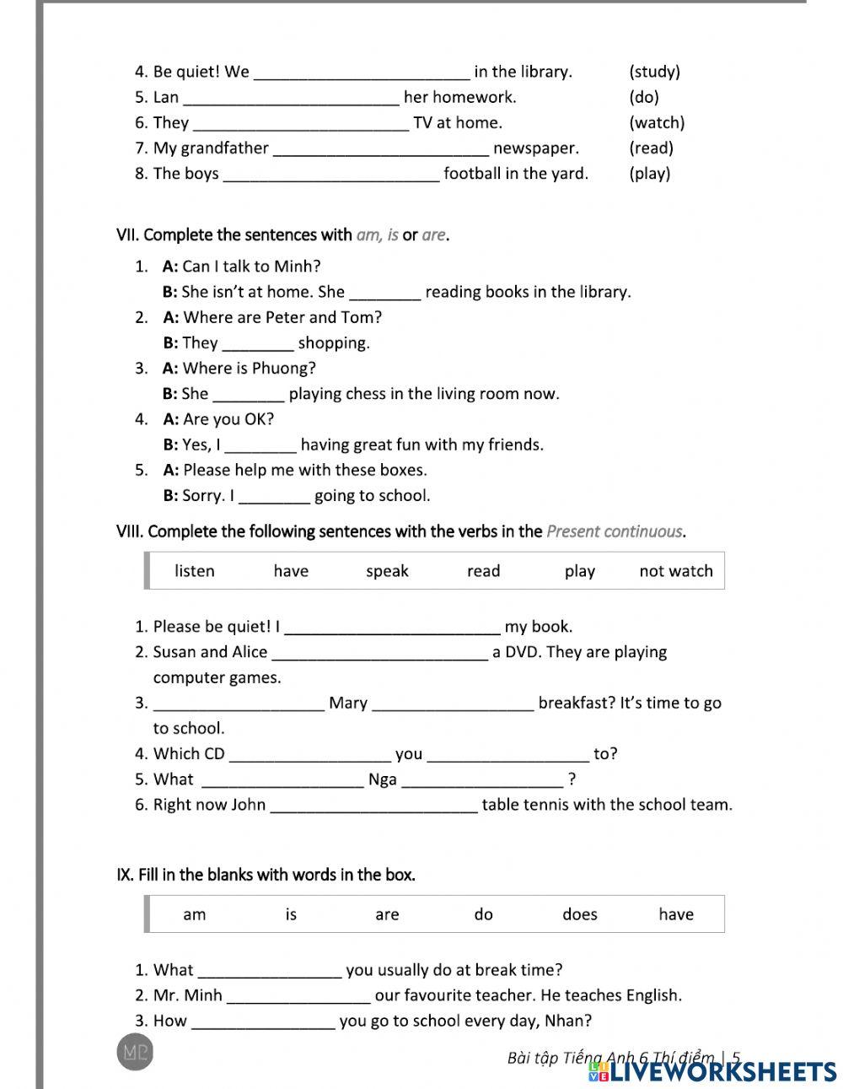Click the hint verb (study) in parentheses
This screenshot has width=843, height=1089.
point(654,72)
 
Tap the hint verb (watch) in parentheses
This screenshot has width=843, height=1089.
point(657,122)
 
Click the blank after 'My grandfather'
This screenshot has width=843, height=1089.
point(381,149)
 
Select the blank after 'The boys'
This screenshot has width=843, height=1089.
point(330,175)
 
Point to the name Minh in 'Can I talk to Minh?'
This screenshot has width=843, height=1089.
point(300,267)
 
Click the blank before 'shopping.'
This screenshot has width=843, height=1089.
point(257,344)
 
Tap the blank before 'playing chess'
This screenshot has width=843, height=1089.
point(249,395)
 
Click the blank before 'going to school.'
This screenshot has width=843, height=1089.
point(275,497)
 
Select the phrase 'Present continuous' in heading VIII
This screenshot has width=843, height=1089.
point(615,531)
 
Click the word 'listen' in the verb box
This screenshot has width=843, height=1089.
point(195,571)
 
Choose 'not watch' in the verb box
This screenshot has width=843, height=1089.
point(675,571)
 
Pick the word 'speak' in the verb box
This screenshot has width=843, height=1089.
point(387,571)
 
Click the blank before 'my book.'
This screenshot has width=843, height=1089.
point(393,628)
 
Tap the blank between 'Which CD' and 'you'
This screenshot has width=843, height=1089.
point(310,755)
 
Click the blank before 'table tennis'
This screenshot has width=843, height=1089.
point(373,806)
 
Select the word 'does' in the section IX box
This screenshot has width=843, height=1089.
point(579,914)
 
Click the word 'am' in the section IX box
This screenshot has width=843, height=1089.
point(195,914)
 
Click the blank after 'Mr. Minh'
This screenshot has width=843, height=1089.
point(298,996)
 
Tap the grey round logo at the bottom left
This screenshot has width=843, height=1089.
point(135,1052)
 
